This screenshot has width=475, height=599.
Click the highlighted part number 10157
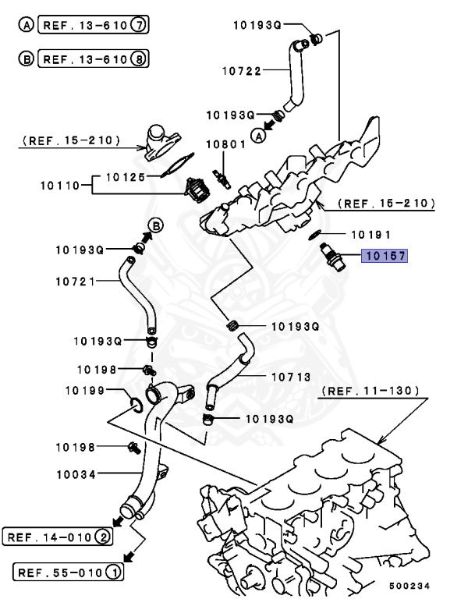[x=384, y=255]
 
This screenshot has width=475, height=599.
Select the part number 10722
[x=242, y=69]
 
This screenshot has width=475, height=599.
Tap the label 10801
[x=225, y=144]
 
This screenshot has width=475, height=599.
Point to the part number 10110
[x=60, y=186]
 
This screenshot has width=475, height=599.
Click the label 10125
[x=126, y=177]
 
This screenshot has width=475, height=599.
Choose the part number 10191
[x=370, y=234]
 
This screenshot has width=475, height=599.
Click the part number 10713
[x=291, y=377]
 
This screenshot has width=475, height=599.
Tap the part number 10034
[x=75, y=473]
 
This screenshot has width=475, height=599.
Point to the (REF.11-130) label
[x=370, y=390]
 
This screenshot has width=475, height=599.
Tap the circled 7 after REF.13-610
[x=139, y=25]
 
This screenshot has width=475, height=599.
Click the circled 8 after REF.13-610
[x=139, y=58]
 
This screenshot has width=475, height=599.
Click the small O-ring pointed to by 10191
[x=314, y=233]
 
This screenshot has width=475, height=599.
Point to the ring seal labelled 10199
[x=133, y=403]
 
